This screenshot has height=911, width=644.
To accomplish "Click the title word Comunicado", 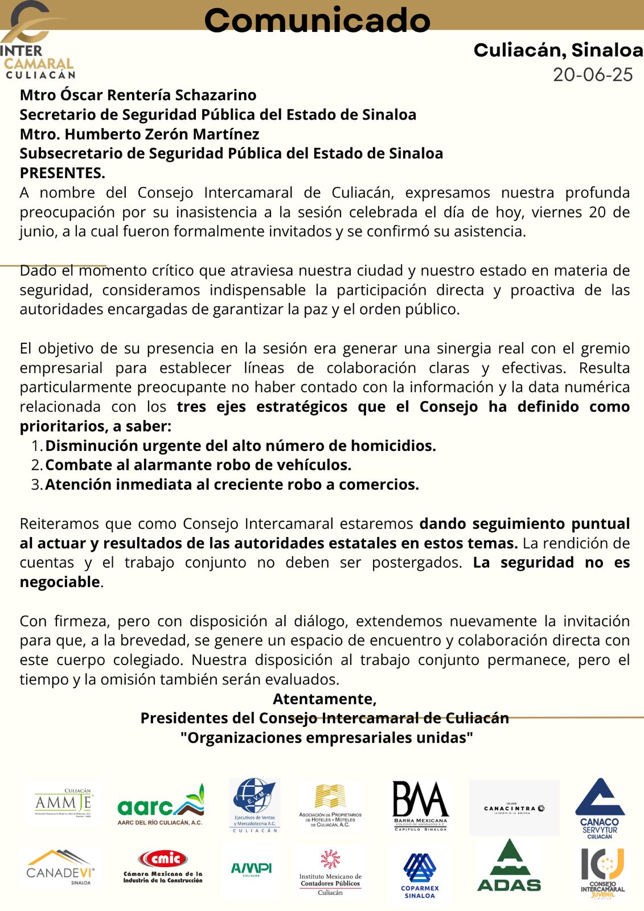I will point(317,20).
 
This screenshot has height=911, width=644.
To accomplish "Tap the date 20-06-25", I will point(593,75).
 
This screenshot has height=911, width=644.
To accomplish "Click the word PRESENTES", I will point(61,173).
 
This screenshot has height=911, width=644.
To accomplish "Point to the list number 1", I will point(36,446).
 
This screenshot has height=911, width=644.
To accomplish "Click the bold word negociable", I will point(60,582).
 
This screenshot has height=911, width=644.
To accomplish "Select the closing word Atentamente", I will point(324,699).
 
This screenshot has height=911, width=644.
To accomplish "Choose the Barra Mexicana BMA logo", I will point(420,805).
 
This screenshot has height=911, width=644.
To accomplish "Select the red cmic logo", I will point(163,865).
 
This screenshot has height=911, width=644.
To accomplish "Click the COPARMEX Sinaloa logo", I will point(420,875).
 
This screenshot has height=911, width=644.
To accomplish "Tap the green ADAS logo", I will point(509,867).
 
